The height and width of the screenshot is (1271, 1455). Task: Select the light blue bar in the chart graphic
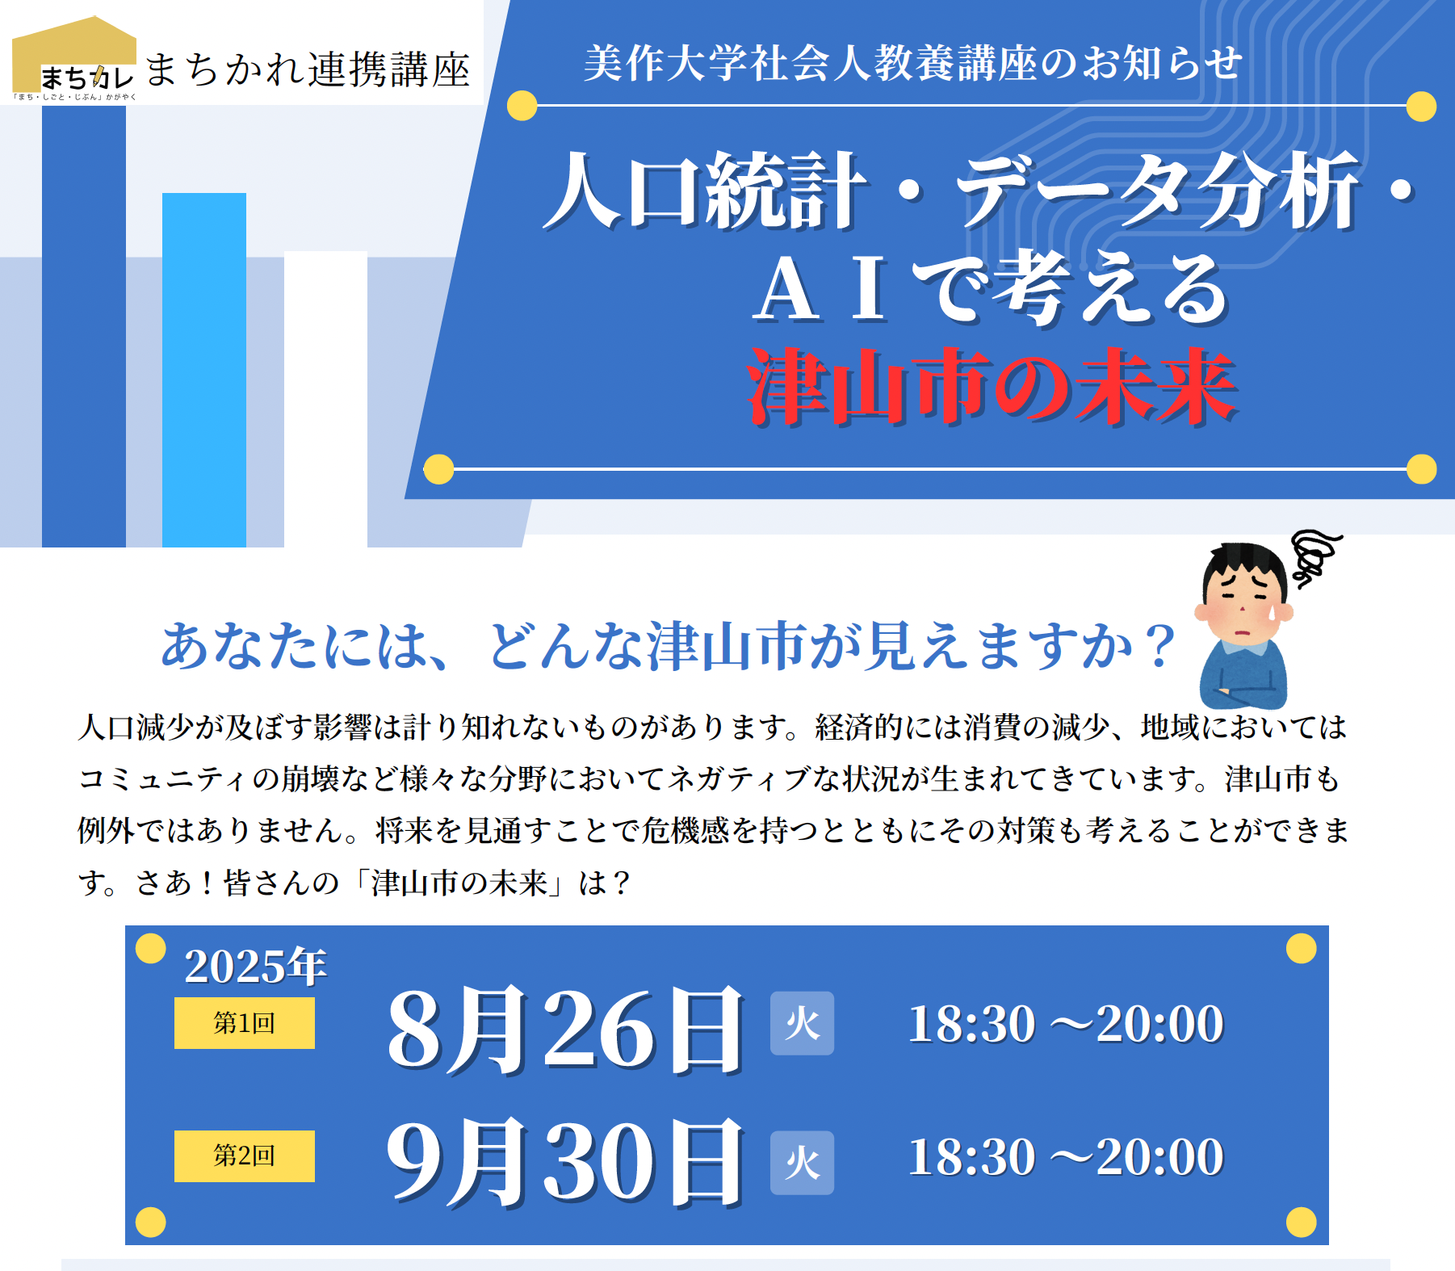click(204, 370)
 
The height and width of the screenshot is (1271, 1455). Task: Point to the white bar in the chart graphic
click(325, 399)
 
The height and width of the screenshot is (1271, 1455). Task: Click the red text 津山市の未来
click(992, 387)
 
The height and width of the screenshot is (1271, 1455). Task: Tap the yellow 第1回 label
click(245, 1023)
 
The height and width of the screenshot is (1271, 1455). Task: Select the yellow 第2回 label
click(245, 1156)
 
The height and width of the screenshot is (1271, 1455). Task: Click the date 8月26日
click(565, 1030)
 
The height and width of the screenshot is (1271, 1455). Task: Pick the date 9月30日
click(565, 1163)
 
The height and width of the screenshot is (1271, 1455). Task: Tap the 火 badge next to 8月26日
click(802, 1023)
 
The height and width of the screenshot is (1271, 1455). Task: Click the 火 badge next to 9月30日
click(802, 1163)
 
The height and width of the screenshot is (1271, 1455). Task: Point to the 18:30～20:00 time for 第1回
click(1066, 1024)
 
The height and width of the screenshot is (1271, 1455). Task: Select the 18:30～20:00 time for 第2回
click(1066, 1157)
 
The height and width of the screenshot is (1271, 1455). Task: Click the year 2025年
click(255, 966)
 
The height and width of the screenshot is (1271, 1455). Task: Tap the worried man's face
click(1243, 602)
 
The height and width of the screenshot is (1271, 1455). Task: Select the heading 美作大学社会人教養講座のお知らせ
click(913, 63)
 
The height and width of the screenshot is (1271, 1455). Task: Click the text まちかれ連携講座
click(308, 69)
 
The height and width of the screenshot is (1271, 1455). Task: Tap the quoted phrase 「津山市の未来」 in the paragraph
click(459, 883)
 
